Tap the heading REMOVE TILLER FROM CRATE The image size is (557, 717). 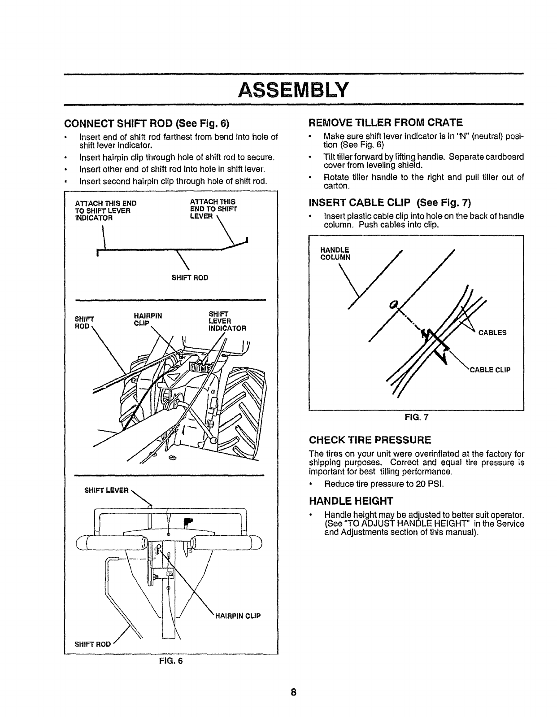(x=386, y=122)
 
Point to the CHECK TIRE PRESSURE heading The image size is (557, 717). (x=370, y=439)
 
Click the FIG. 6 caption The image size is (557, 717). (x=171, y=661)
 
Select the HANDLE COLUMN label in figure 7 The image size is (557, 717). (x=335, y=254)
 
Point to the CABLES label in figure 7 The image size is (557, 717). (x=492, y=332)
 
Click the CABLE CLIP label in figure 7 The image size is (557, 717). (x=490, y=370)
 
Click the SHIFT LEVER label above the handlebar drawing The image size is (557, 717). (x=106, y=490)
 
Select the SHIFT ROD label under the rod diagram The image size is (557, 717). (x=190, y=278)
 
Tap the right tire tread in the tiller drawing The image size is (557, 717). (x=244, y=399)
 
